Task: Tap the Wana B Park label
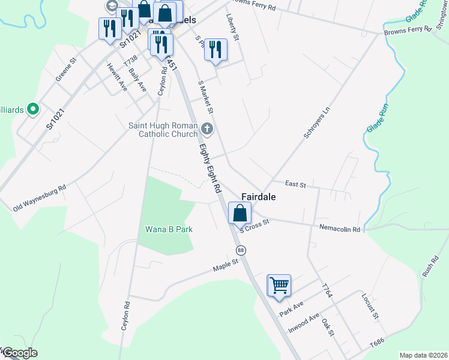click(169, 230)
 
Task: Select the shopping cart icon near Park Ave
click(279, 286)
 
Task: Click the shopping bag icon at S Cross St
click(240, 214)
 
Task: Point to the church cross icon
click(207, 128)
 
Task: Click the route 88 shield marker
click(241, 250)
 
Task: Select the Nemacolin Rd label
click(339, 229)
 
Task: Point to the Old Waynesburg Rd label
click(39, 198)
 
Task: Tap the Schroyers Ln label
click(317, 123)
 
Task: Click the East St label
click(296, 184)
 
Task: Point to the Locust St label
click(369, 306)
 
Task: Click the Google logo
click(20, 353)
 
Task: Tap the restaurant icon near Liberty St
click(215, 50)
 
